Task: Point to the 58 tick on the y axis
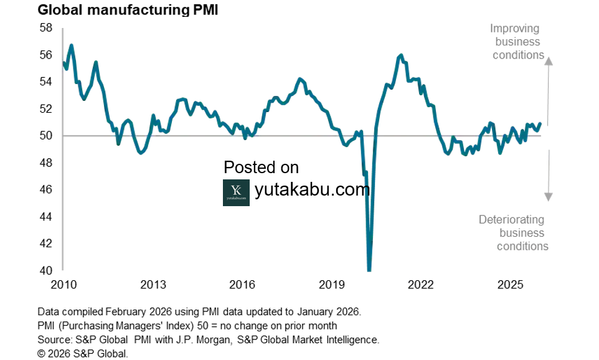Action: (x=45, y=28)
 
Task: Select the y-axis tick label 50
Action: (x=45, y=136)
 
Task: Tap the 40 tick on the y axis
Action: (x=45, y=271)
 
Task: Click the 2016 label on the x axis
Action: (x=242, y=285)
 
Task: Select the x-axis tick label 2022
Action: (x=420, y=285)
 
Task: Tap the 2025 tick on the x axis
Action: (x=510, y=285)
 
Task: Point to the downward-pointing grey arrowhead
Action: (x=549, y=197)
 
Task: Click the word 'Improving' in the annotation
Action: (x=514, y=29)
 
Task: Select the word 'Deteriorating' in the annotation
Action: (x=511, y=220)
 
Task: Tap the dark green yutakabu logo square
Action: (x=236, y=192)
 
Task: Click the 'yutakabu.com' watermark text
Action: (x=312, y=190)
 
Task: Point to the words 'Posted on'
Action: (x=261, y=168)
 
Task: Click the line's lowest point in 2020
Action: (x=369, y=269)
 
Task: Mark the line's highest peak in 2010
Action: (x=72, y=45)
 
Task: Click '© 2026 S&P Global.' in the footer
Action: (x=82, y=353)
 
